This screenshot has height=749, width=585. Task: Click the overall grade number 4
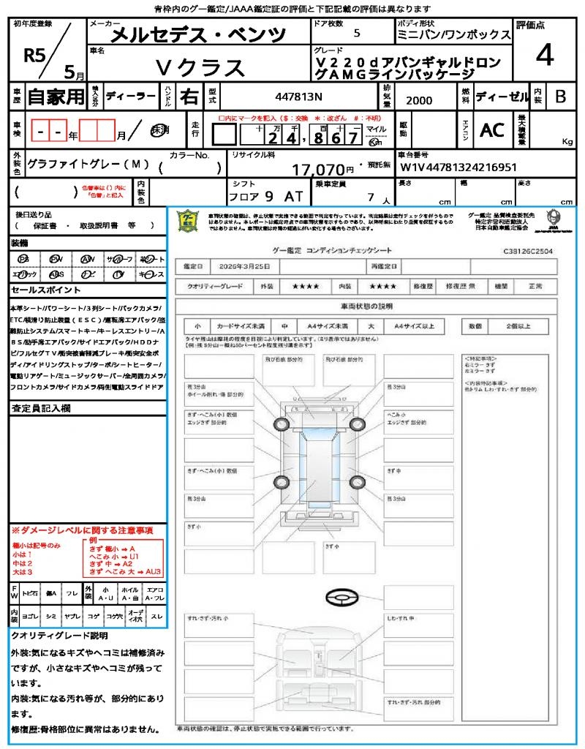point(544,55)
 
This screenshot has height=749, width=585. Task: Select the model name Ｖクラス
point(201,67)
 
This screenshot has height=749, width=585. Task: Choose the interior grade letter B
point(560,97)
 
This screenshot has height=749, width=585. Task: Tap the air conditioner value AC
point(491,130)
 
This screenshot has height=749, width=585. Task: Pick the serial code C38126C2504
point(527,250)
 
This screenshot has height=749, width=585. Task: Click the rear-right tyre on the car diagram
point(357,481)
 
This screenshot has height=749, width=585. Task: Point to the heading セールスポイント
point(41,290)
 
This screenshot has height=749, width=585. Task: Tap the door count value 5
point(357,34)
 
